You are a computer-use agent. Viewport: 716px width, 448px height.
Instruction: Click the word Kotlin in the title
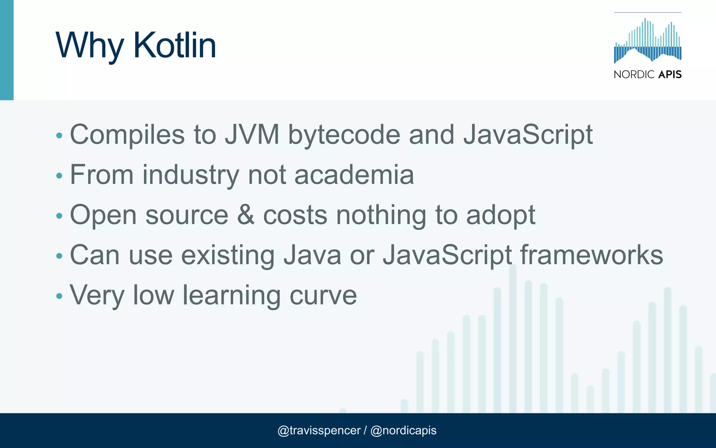[x=174, y=45]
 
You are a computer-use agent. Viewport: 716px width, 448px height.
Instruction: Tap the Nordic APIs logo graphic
[x=647, y=41]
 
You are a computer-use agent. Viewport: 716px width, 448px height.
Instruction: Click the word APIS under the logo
[x=670, y=75]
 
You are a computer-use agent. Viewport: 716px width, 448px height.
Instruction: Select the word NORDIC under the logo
[x=634, y=75]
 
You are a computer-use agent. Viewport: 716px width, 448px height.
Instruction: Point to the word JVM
[x=252, y=134]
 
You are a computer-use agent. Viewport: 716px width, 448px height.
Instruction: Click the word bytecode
[x=344, y=135]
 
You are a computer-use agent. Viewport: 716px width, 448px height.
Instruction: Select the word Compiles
[x=127, y=135]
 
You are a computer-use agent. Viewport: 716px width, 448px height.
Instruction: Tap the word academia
[x=354, y=175]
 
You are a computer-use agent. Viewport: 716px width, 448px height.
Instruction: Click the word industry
[x=191, y=175]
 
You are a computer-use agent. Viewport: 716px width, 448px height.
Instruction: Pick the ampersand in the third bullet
[x=246, y=215]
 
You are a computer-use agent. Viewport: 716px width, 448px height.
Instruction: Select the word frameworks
[x=592, y=255]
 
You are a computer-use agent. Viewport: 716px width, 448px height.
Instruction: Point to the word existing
[x=228, y=255]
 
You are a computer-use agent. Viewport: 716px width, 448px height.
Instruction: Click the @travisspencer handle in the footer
[x=319, y=430]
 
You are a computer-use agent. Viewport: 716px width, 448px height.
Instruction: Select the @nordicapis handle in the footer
[x=403, y=430]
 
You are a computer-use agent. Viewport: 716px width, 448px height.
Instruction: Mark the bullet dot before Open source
[x=59, y=216]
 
